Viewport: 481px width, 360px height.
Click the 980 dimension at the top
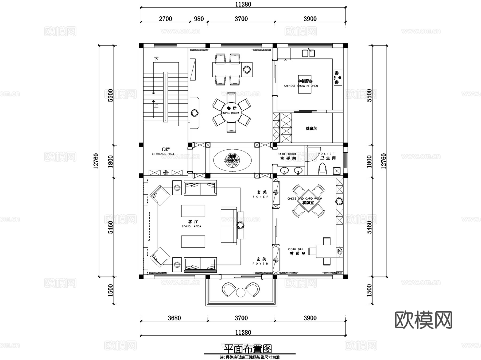pos(199,19)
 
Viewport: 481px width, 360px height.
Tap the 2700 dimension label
pos(165,19)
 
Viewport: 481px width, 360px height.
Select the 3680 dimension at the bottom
pos(174,318)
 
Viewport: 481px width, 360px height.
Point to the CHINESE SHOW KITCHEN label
pos(301,86)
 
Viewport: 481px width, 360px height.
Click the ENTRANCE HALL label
pos(163,154)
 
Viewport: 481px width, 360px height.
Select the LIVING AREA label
pos(191,226)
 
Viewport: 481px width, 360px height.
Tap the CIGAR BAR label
pos(296,249)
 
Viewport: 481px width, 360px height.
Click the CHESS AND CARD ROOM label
pos(305,199)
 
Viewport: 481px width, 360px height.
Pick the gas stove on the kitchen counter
pos(338,78)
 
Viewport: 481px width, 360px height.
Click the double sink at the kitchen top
pos(308,53)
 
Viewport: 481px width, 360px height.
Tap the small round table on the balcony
pos(241,293)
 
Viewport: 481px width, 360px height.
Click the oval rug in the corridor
pos(232,160)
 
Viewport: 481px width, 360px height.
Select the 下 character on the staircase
pos(156,59)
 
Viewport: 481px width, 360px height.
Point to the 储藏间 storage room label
pos(311,129)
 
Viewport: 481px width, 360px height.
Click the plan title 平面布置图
pos(248,349)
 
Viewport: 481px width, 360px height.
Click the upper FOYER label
pos(261,197)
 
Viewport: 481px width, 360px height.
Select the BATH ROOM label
pos(286,154)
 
